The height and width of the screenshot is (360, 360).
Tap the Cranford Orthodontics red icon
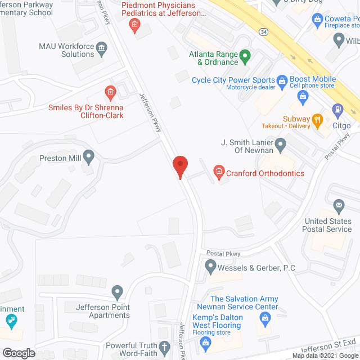(x=219, y=170)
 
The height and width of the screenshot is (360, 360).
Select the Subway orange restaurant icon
(x=317, y=119)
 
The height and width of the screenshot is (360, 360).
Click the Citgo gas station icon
(x=337, y=110)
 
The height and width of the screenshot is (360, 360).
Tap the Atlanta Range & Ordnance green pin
(x=245, y=56)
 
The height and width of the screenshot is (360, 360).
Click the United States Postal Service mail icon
(x=339, y=205)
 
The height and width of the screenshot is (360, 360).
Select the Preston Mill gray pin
(x=88, y=155)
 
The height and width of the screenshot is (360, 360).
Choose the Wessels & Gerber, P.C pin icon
(x=210, y=264)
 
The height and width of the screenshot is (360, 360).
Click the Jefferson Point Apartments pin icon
(x=117, y=292)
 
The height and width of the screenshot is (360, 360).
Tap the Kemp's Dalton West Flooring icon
(x=206, y=341)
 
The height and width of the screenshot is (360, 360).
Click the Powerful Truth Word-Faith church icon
(x=164, y=346)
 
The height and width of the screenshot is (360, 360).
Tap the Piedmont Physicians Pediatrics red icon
(x=134, y=24)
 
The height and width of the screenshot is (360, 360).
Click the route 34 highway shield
(x=263, y=32)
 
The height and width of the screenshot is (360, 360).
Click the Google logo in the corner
(x=18, y=353)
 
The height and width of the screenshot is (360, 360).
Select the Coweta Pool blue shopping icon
(x=316, y=20)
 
